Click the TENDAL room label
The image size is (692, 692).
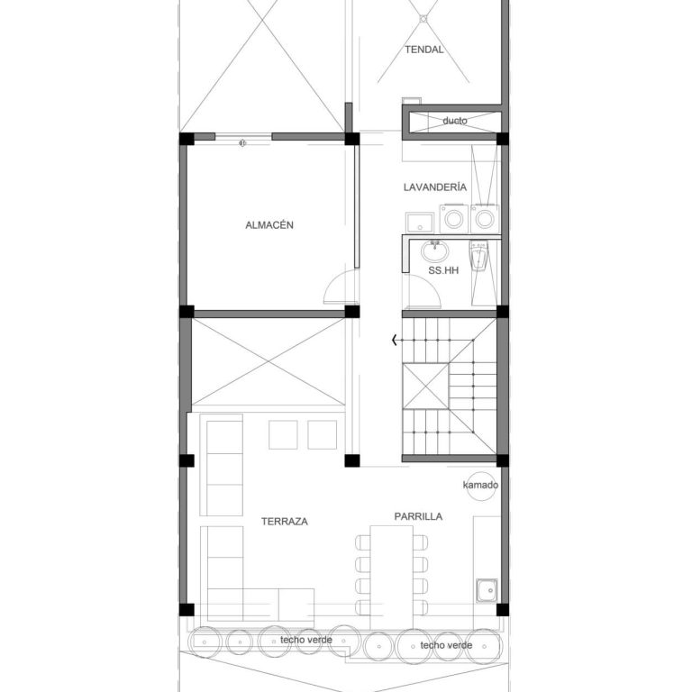[424, 50]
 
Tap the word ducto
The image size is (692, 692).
[454, 121]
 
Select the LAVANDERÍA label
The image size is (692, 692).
[434, 187]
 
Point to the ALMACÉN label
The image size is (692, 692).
[269, 225]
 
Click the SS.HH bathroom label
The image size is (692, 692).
[443, 270]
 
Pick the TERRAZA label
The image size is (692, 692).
[285, 522]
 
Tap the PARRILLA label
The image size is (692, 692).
[418, 516]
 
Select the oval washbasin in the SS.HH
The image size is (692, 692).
[434, 251]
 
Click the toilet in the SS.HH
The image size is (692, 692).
[478, 256]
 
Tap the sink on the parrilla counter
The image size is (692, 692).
[487, 590]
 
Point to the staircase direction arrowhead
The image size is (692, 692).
[395, 340]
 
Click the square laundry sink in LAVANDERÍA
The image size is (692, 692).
[420, 223]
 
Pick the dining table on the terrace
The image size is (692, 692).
[391, 578]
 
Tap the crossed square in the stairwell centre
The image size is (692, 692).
[426, 387]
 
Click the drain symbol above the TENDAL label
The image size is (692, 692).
[423, 19]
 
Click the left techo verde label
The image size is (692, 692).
[305, 640]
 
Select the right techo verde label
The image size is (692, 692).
[446, 645]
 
